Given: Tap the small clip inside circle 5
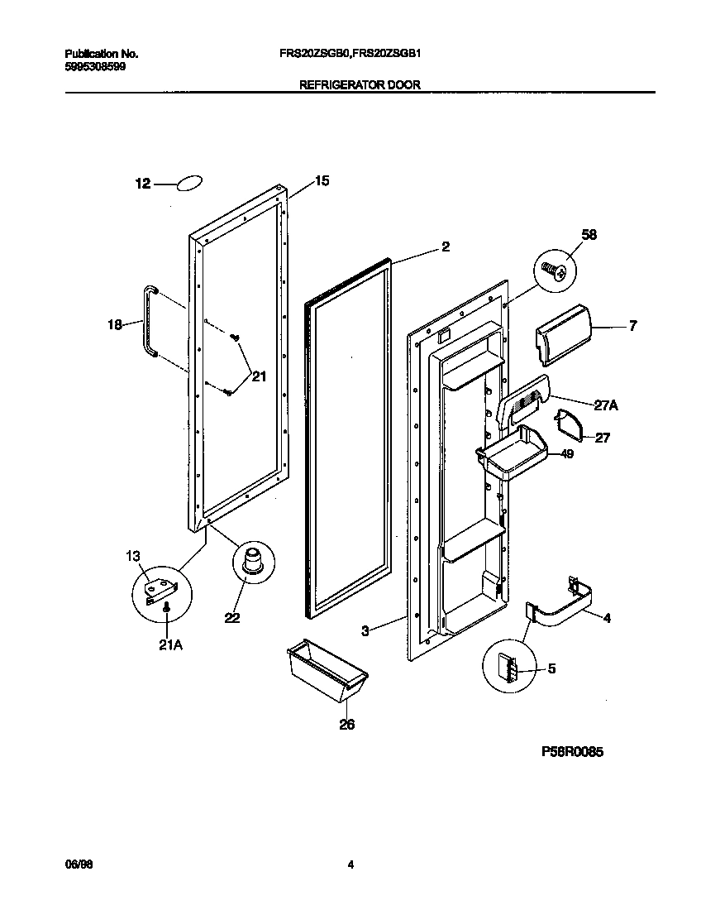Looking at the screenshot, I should [508, 666].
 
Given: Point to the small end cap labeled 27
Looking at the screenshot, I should [569, 424].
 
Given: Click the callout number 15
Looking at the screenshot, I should [322, 181].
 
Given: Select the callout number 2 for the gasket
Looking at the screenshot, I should [445, 247].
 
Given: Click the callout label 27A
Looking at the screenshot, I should [606, 405].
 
